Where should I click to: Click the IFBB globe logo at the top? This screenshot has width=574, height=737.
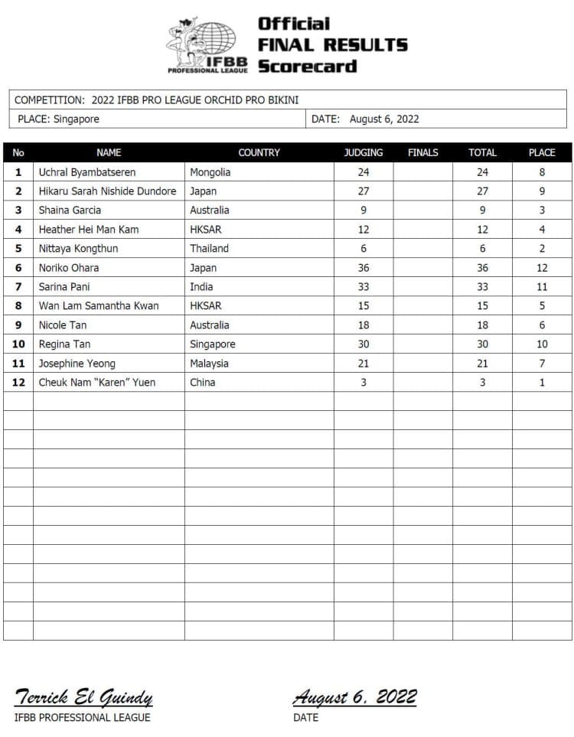207,44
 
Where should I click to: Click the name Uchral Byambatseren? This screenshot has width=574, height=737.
86,172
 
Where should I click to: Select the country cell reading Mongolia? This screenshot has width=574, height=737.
210,172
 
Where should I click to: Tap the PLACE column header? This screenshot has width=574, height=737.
542,152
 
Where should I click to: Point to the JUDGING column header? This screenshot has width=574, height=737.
363,152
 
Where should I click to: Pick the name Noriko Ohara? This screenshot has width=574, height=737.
69,268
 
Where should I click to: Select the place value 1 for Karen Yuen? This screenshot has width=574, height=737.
542,383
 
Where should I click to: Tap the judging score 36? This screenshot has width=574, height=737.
363,268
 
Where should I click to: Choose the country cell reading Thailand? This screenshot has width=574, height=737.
209,249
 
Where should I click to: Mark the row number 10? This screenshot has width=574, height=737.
18,344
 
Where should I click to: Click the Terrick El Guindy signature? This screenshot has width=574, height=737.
83,697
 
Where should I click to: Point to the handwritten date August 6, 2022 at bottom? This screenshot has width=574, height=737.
354,697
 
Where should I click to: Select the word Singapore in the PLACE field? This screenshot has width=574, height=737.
77,119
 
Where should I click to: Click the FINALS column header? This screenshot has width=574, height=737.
422,152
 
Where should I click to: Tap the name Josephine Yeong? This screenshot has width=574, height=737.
77,364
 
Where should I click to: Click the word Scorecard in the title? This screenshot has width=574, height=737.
307,66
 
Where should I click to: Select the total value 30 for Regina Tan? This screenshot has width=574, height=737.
482,344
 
